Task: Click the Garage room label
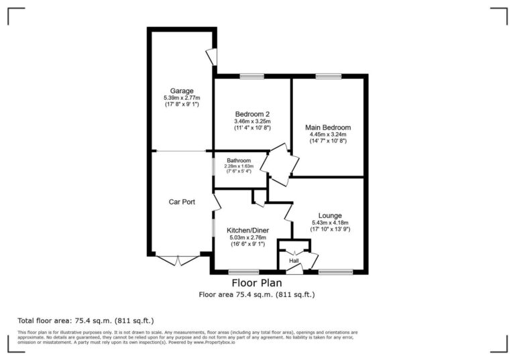[x=181, y=91]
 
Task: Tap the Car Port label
[x=181, y=201]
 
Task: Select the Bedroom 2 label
[x=251, y=114]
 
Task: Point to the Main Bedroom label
[x=328, y=127]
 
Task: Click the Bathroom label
[x=239, y=161]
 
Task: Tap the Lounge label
[x=331, y=215]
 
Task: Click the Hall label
[x=294, y=261]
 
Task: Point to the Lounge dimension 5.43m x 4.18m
[x=330, y=223]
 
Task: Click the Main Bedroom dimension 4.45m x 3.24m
[x=328, y=134]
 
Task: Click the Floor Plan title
[x=257, y=284]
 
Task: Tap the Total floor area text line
[x=90, y=320]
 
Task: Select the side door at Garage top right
[x=211, y=58]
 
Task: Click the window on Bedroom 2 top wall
[x=251, y=76]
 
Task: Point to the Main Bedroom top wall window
[x=328, y=76]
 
